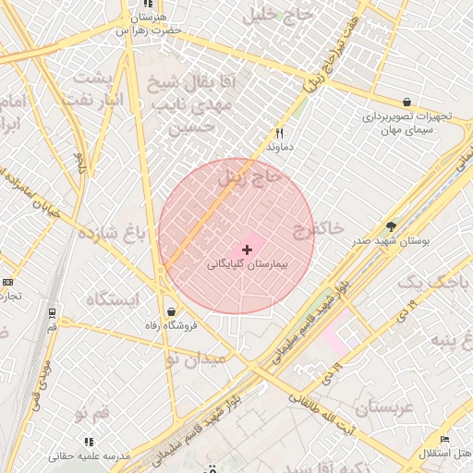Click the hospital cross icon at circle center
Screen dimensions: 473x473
tap(247, 249)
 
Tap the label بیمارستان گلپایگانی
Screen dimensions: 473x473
tap(247, 264)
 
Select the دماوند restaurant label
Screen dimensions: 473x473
tap(279, 147)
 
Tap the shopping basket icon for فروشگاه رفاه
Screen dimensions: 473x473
tap(172, 312)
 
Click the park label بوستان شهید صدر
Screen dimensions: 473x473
tap(392, 241)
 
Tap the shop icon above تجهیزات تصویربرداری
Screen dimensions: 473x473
tap(406, 102)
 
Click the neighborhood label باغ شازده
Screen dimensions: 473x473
tap(112, 233)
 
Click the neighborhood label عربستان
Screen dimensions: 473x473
tap(370, 406)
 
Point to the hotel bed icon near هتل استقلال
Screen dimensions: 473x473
tap(444, 439)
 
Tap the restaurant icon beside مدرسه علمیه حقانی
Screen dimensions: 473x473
tap(90, 442)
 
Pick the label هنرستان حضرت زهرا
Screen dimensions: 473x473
tap(148, 23)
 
